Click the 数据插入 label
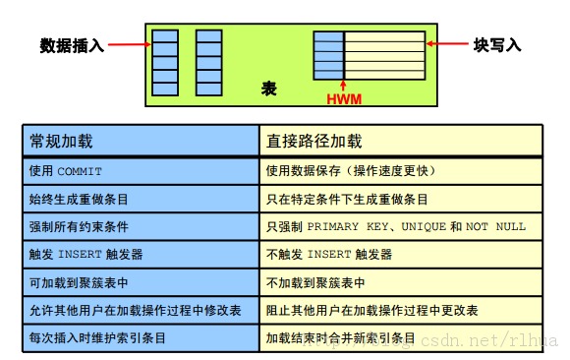tap(72, 45)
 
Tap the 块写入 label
tap(496, 45)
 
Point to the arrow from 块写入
tap(447, 45)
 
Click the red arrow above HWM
tap(343, 87)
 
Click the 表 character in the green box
tap(269, 89)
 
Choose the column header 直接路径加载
tap(314, 141)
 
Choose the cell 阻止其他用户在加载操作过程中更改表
tap(372, 310)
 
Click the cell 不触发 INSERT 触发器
tap(329, 254)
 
